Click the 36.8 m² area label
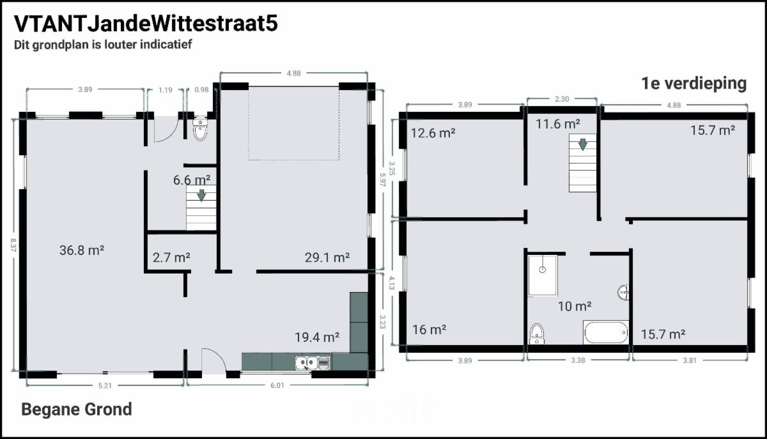point(82,250)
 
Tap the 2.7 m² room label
point(171,258)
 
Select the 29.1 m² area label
point(327,258)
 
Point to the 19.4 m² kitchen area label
point(317,337)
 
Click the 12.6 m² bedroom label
point(433,133)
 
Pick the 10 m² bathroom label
point(575,306)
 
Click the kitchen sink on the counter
point(313,362)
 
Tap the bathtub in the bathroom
point(606,332)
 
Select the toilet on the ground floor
point(200,130)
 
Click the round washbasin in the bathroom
point(623,293)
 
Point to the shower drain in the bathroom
point(543,270)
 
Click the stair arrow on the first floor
point(582,144)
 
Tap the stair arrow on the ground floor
point(201,195)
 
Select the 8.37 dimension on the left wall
point(13,245)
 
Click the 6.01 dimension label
point(277,385)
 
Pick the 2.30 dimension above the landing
point(562,99)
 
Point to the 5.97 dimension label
point(382,179)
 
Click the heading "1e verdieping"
point(693,84)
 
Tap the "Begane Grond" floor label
point(77,410)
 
